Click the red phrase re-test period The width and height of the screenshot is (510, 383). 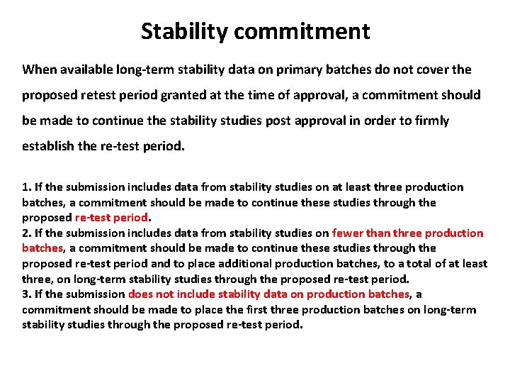coord(112,218)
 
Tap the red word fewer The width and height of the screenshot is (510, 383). coord(348,233)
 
